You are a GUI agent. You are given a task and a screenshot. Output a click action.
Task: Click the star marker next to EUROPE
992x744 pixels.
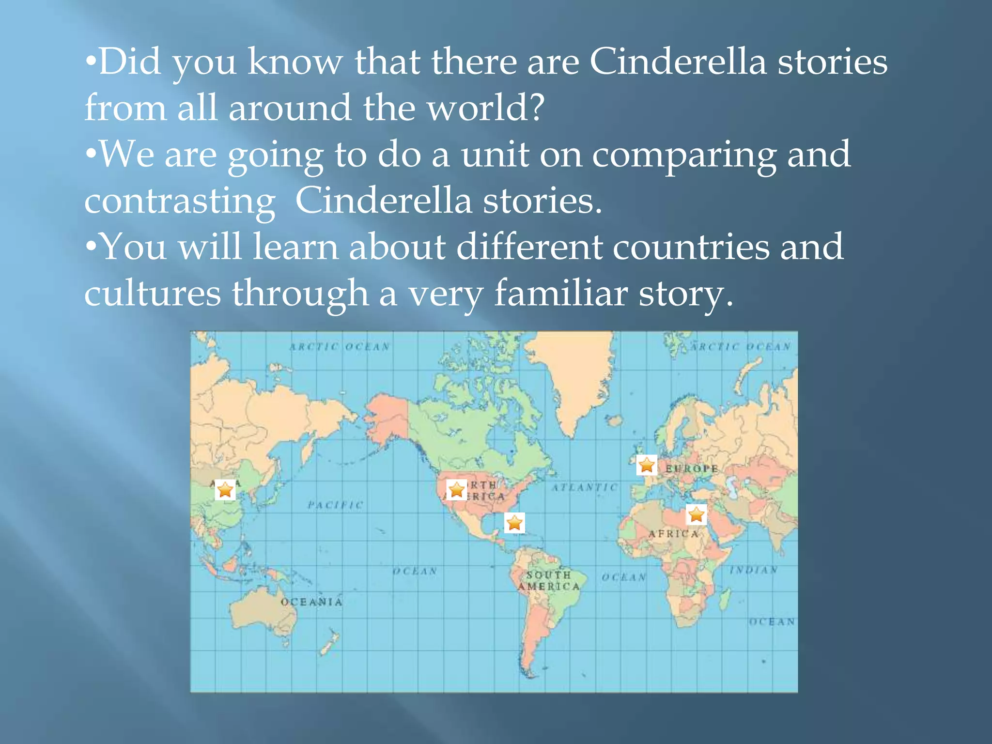[647, 465]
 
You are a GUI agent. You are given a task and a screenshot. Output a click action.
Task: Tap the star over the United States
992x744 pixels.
[456, 490]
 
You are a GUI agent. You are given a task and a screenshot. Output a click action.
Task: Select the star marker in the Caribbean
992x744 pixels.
[514, 523]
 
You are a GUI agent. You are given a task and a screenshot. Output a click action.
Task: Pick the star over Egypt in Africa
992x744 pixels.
[696, 514]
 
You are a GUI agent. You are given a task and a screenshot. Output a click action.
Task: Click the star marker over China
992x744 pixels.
[225, 490]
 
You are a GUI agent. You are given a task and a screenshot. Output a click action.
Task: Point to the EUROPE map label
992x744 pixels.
[691, 468]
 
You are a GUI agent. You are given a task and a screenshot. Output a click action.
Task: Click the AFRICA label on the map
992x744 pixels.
[674, 534]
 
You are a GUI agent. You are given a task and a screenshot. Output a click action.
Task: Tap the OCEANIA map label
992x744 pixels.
[311, 602]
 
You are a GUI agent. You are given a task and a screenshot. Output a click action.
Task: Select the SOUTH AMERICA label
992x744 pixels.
[549, 581]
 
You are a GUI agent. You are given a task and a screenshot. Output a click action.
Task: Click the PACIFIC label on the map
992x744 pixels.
[335, 505]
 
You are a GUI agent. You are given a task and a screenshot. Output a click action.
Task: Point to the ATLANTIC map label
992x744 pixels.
[585, 487]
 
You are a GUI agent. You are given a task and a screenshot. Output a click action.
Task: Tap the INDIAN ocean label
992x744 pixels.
[754, 570]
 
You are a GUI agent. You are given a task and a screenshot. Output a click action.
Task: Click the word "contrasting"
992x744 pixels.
[180, 201]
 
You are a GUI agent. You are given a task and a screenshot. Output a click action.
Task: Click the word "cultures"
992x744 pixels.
[153, 293]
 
